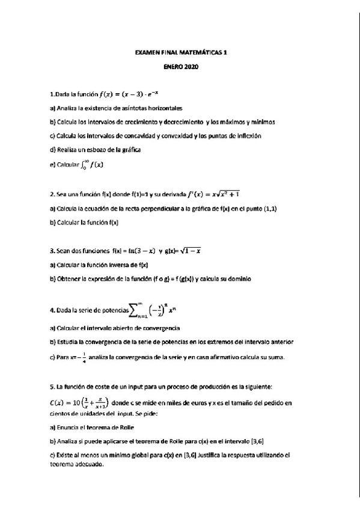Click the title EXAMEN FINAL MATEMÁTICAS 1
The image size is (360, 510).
point(180,53)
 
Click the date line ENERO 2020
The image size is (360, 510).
point(180,67)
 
